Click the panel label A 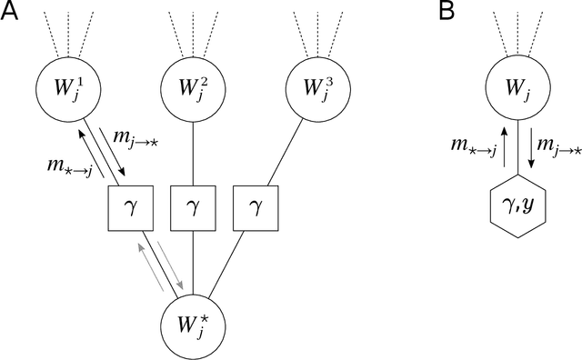pyautogui.click(x=12, y=12)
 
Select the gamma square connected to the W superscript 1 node pyautogui.click(x=130, y=209)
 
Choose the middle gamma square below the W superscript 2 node pyautogui.click(x=193, y=209)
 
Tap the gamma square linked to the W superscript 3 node pyautogui.click(x=256, y=209)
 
